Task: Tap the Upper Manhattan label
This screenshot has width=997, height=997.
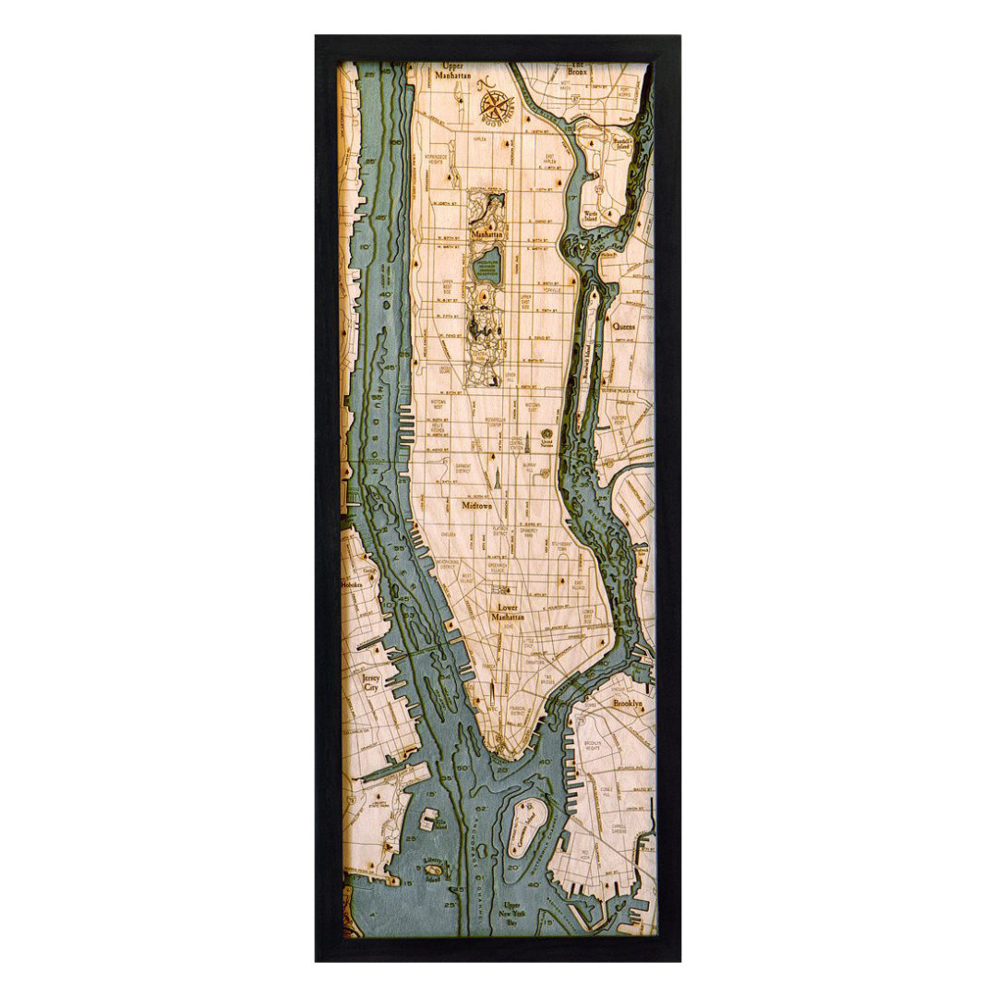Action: [454, 73]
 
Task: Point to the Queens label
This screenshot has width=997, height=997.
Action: [623, 326]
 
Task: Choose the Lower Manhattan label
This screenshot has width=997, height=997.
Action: [507, 612]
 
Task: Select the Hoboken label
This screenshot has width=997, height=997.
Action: [352, 584]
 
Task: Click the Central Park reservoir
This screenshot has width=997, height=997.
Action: [486, 265]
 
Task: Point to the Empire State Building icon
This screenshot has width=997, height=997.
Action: [494, 477]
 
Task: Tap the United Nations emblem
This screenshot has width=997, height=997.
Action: [546, 434]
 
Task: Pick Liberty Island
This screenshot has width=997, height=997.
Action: [432, 868]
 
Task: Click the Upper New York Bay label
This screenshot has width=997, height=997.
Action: [512, 912]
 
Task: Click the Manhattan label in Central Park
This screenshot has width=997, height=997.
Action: [486, 234]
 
